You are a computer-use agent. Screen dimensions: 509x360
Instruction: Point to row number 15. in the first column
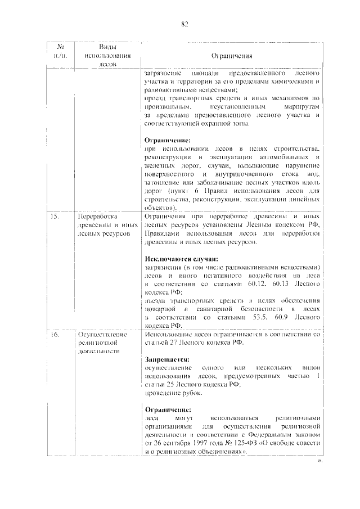[x=54, y=217]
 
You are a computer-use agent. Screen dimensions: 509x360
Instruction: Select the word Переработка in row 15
[x=97, y=217]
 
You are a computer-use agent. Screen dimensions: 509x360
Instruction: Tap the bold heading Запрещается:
[x=166, y=359]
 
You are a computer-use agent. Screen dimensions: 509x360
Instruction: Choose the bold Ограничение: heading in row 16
[x=167, y=410]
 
